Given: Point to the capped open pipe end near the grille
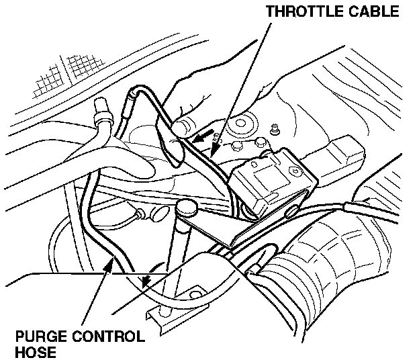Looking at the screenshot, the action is [103, 107].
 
